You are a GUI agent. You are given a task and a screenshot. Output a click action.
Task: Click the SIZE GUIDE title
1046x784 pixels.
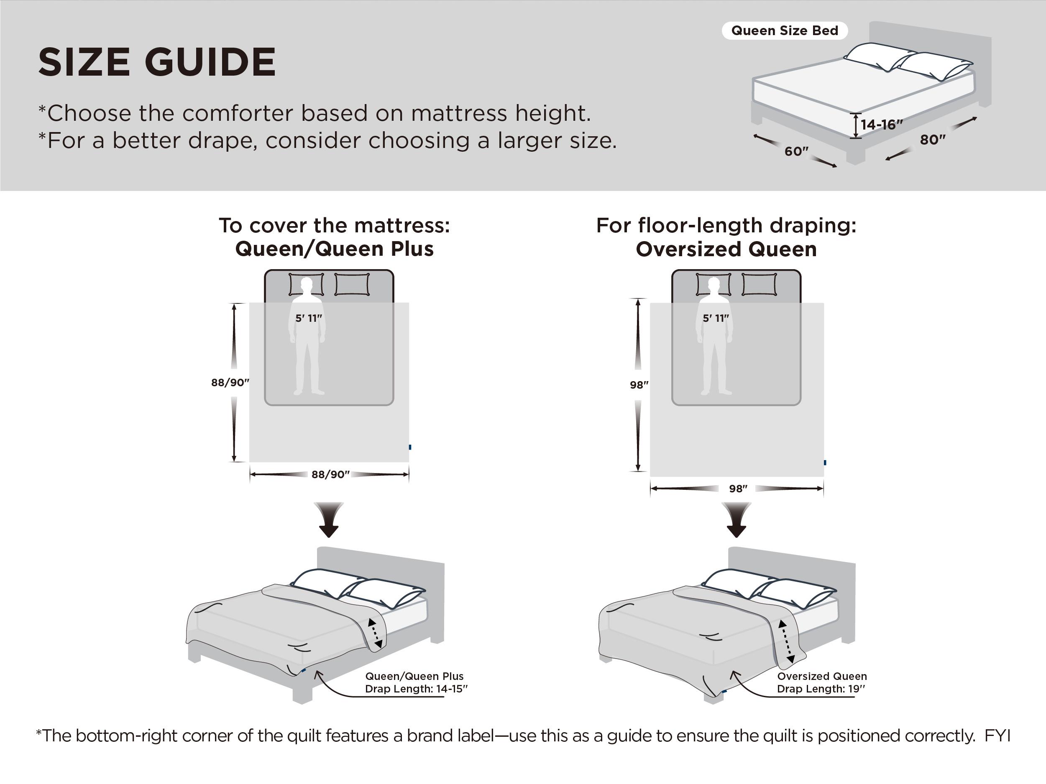pos(156,62)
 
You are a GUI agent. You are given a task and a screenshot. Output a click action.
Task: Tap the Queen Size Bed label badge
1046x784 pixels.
pos(785,31)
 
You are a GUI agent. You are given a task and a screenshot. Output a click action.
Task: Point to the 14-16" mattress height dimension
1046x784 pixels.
pos(882,125)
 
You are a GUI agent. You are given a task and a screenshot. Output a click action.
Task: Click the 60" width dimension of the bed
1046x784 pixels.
pos(796,151)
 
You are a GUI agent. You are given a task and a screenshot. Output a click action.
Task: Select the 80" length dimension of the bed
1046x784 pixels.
pos(932,140)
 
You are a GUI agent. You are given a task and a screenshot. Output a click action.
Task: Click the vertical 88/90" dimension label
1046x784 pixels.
pos(230,382)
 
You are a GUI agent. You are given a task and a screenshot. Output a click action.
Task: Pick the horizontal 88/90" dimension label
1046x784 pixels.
pos(330,474)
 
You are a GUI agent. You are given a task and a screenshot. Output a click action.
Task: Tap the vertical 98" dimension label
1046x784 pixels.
pos(639,384)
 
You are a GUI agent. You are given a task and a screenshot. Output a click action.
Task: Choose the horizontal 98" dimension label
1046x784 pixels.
pos(738,489)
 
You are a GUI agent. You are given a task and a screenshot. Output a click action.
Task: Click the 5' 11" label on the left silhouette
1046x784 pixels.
pos(308,318)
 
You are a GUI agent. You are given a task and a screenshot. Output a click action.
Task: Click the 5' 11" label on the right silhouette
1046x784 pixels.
pos(716,318)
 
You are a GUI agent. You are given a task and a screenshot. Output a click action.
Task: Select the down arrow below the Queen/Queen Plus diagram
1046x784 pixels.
pos(329,520)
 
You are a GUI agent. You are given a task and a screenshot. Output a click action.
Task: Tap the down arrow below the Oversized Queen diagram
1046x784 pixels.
pos(736,520)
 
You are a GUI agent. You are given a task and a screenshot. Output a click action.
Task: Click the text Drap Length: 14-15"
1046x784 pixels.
pos(416,689)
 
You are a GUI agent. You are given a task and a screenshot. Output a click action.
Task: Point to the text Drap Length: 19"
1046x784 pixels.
pos(821,689)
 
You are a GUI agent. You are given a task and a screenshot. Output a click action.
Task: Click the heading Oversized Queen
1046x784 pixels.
pos(726,249)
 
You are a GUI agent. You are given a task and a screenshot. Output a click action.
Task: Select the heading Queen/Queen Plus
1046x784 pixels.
pos(334,249)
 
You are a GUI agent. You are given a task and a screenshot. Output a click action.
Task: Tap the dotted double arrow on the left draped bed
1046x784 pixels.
pos(375,633)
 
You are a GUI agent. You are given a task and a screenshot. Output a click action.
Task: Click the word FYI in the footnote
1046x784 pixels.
pos(997,736)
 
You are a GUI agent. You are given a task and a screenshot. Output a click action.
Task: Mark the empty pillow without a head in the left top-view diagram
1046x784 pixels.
pos(352,285)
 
